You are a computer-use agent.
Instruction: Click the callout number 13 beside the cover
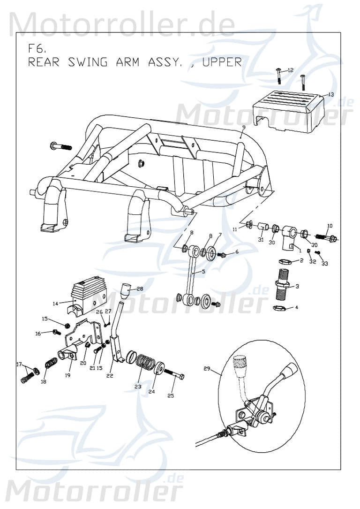[x=330, y=94]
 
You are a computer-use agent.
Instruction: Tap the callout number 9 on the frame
[x=244, y=127]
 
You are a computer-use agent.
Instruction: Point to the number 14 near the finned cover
[x=55, y=304]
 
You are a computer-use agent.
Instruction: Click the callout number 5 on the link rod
[x=203, y=272]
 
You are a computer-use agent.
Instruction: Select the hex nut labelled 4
[x=280, y=308]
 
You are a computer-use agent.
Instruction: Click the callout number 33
[x=324, y=264]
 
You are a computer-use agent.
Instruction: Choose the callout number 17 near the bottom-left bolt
[x=19, y=365]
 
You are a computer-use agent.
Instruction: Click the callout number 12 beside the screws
[x=291, y=70]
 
